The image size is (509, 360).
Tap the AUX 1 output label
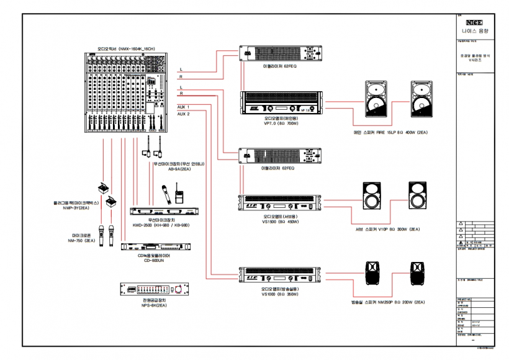pyautogui.click(x=184, y=107)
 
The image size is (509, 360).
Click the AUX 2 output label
pyautogui.click(x=184, y=114)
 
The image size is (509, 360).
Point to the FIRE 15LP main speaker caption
pyautogui.click(x=389, y=132)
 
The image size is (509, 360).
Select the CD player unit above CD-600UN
pyautogui.click(x=151, y=247)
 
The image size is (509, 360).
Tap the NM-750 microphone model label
pyautogui.click(x=81, y=240)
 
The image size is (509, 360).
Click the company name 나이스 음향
pyautogui.click(x=475, y=30)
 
